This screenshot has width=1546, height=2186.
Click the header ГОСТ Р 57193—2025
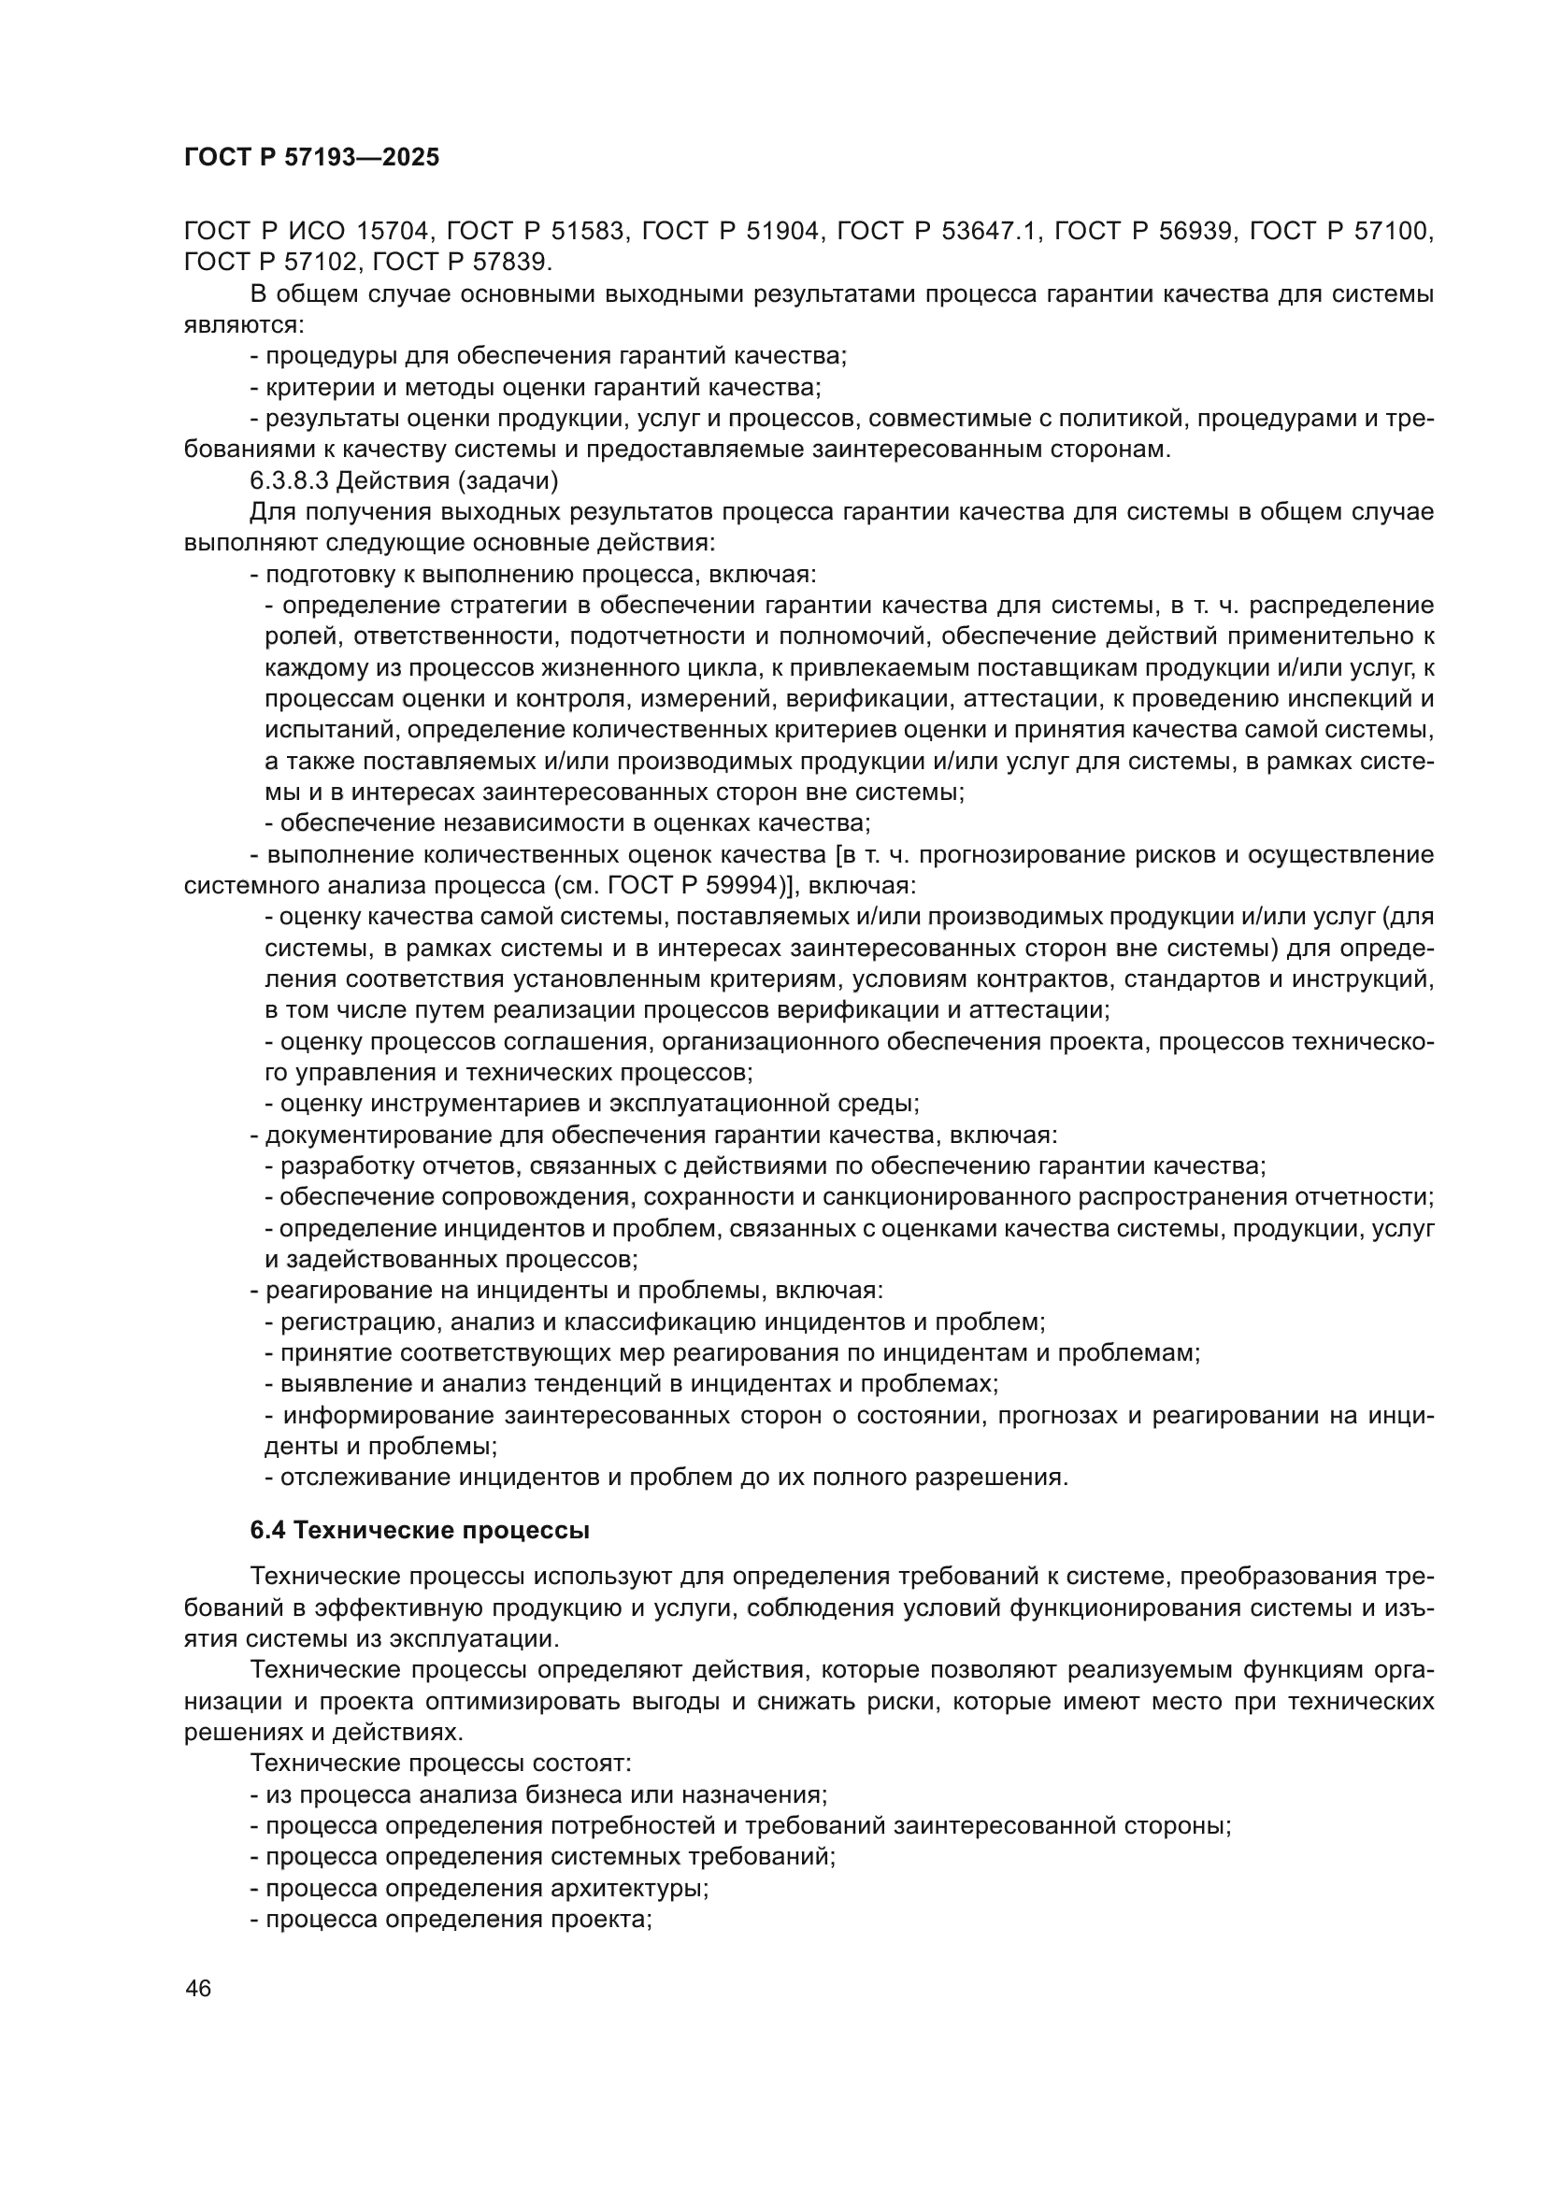311,158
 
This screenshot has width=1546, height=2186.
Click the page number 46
199,1988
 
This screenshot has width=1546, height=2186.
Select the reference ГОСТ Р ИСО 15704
308,231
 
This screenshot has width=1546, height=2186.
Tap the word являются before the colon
242,324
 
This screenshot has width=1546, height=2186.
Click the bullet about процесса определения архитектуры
479,1887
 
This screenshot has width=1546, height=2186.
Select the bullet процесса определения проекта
451,1919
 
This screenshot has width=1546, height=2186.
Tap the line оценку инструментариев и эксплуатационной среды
591,1104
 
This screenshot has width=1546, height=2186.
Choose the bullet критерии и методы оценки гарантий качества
535,387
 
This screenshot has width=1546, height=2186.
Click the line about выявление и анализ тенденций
630,1383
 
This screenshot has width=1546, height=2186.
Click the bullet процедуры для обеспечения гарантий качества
548,356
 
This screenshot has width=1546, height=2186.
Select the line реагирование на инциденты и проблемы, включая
566,1290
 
